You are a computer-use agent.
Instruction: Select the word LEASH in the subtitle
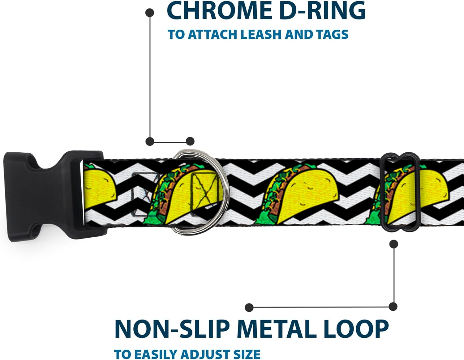[261, 34]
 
